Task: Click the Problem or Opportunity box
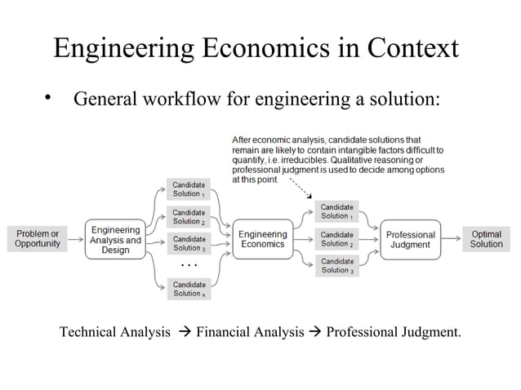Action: (38, 239)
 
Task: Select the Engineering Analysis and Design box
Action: (115, 239)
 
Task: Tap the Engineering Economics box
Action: (262, 239)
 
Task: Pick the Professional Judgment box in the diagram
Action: (410, 239)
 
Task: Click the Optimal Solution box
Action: (486, 239)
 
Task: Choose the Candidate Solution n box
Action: (189, 289)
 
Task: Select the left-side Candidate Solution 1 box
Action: (189, 189)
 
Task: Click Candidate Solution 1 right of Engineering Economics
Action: (336, 211)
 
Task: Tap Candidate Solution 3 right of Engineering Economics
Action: (336, 266)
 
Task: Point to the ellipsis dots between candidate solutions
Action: (189, 266)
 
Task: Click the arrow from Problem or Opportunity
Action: (76, 239)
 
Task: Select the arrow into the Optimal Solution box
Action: (452, 239)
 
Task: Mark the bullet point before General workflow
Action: (48, 99)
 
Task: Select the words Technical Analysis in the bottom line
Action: (115, 332)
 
